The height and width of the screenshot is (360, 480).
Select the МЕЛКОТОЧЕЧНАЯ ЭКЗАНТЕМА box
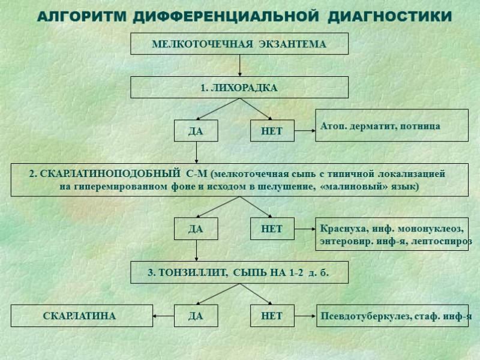pyautogui.click(x=239, y=44)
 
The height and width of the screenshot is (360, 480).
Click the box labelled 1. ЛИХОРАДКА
pyautogui.click(x=239, y=88)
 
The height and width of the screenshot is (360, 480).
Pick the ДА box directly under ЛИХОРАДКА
pyautogui.click(x=196, y=131)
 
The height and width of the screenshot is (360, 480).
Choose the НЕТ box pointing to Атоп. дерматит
pyautogui.click(x=272, y=131)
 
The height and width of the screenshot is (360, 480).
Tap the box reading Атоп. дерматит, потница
pyautogui.click(x=391, y=126)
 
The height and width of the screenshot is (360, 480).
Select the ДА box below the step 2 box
pyautogui.click(x=196, y=229)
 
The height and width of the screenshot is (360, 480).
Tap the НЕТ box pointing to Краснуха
pyautogui.click(x=272, y=229)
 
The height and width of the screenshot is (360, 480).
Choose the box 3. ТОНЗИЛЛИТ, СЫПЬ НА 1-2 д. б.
pyautogui.click(x=239, y=273)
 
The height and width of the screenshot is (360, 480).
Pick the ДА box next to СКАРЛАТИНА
pyautogui.click(x=196, y=316)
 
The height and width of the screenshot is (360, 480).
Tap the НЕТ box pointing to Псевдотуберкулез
pyautogui.click(x=272, y=316)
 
